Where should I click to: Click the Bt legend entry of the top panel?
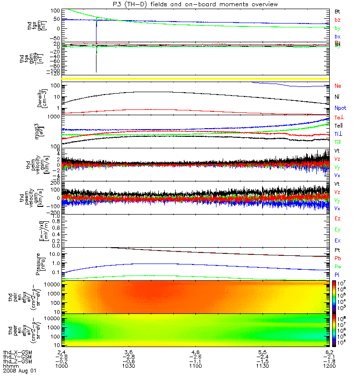tap(337, 11)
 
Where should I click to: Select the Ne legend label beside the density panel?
tap(338, 86)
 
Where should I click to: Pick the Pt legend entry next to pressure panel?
tap(337, 250)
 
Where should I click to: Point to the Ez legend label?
tap(337, 218)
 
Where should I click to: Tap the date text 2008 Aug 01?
tap(20, 371)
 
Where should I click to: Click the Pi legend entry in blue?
tap(337, 275)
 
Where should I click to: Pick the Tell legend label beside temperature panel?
tap(338, 125)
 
